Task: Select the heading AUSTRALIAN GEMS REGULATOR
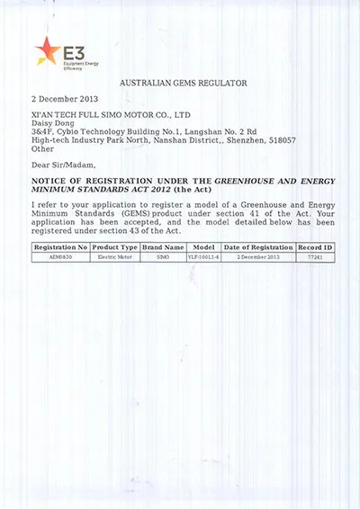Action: [x=183, y=83]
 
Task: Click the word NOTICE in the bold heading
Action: [x=53, y=181]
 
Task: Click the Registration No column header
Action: [x=60, y=246]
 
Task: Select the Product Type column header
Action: [x=115, y=246]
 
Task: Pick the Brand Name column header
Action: [x=163, y=246]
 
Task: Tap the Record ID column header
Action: [x=315, y=246]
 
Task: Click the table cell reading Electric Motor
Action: [x=115, y=257]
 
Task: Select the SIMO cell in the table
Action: [x=163, y=257]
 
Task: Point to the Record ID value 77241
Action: [x=315, y=257]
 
